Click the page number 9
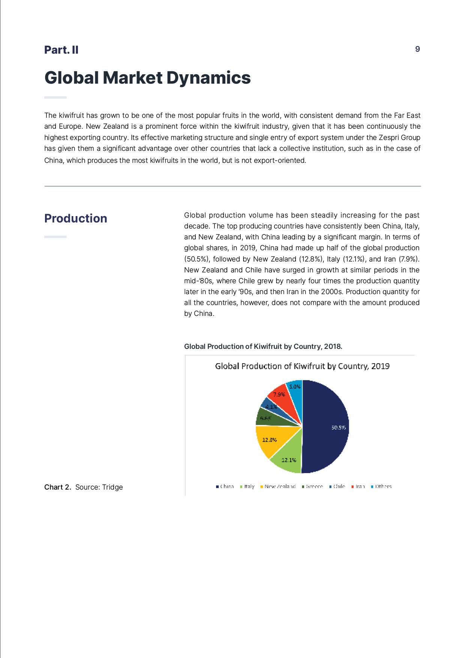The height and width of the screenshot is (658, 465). click(x=417, y=49)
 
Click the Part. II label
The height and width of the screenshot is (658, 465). click(x=61, y=50)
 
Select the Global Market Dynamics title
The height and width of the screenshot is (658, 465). click(x=147, y=78)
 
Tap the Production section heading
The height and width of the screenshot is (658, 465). click(x=76, y=218)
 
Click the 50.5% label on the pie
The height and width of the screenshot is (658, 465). click(x=338, y=427)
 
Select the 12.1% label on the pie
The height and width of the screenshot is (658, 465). click(x=289, y=460)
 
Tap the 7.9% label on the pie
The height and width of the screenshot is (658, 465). click(x=279, y=394)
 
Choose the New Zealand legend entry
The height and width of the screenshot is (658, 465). click(x=278, y=487)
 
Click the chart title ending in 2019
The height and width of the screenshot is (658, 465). click(x=302, y=366)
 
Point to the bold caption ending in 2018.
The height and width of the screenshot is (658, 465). click(x=263, y=346)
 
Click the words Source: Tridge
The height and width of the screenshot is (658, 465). click(x=99, y=487)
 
